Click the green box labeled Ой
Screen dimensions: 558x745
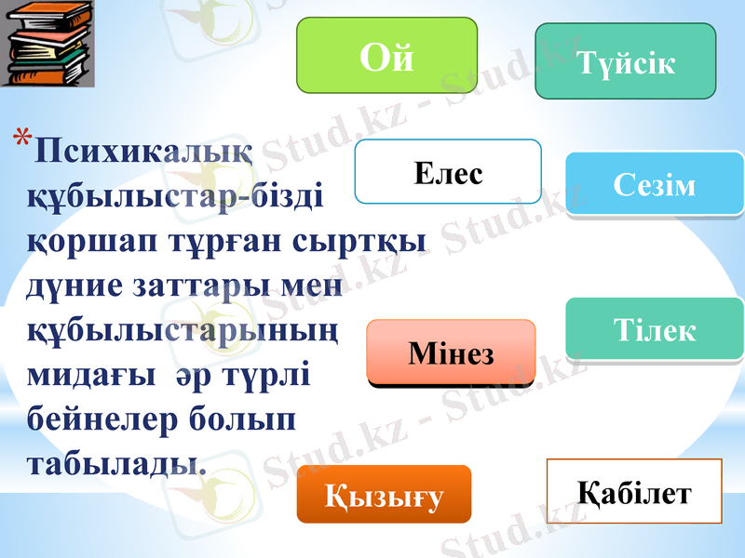(386, 59)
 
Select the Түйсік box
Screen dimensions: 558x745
(625, 61)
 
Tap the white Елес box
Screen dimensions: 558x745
(448, 172)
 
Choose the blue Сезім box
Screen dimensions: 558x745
(655, 184)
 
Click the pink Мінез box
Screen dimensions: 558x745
(451, 353)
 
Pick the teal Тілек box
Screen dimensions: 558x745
(655, 329)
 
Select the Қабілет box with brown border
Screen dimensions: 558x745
(635, 491)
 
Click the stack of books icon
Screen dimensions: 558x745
(47, 44)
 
